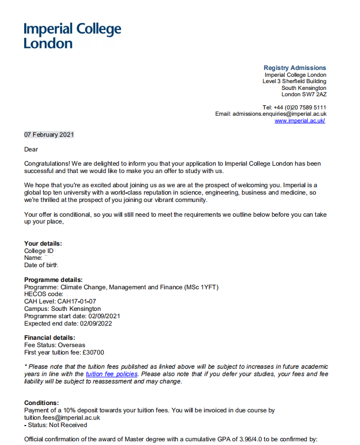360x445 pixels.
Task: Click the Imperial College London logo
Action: (72, 36)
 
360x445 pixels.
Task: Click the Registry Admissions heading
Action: (295, 68)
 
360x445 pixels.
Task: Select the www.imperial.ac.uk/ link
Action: (299, 121)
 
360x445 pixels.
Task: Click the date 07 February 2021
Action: (49, 135)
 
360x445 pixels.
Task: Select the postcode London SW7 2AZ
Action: (304, 95)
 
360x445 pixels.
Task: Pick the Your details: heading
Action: (43, 244)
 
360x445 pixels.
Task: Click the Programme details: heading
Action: (53, 280)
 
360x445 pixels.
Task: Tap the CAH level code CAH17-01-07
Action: (77, 301)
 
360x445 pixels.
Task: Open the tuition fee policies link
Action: (112, 374)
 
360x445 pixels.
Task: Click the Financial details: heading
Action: (50, 338)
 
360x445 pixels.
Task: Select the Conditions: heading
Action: (42, 403)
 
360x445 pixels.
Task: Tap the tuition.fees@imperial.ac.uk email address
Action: (62, 418)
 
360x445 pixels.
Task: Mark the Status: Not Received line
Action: (57, 425)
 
